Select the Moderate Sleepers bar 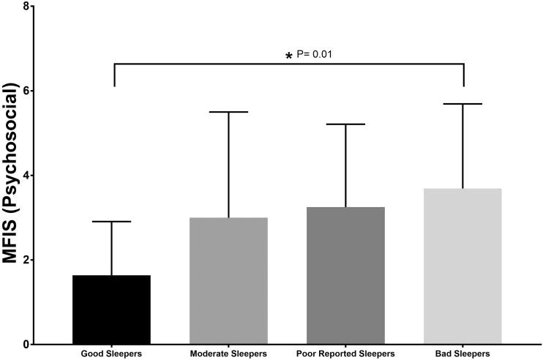click(x=228, y=281)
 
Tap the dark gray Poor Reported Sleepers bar click(x=345, y=276)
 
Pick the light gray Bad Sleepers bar click(x=463, y=266)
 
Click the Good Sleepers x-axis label click(x=112, y=355)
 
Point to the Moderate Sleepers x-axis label click(x=228, y=355)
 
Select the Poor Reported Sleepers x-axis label click(x=345, y=355)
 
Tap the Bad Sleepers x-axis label click(x=463, y=355)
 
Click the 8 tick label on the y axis click(x=27, y=7)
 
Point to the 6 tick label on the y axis click(x=27, y=91)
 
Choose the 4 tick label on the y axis click(x=27, y=176)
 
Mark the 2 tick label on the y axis click(x=27, y=260)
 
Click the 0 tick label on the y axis click(x=27, y=344)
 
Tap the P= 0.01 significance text click(x=316, y=54)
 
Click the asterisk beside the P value click(x=288, y=56)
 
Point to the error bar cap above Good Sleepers click(x=112, y=222)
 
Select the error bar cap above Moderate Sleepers click(x=228, y=112)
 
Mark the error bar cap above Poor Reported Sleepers click(x=345, y=124)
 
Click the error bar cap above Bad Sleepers click(x=463, y=104)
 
